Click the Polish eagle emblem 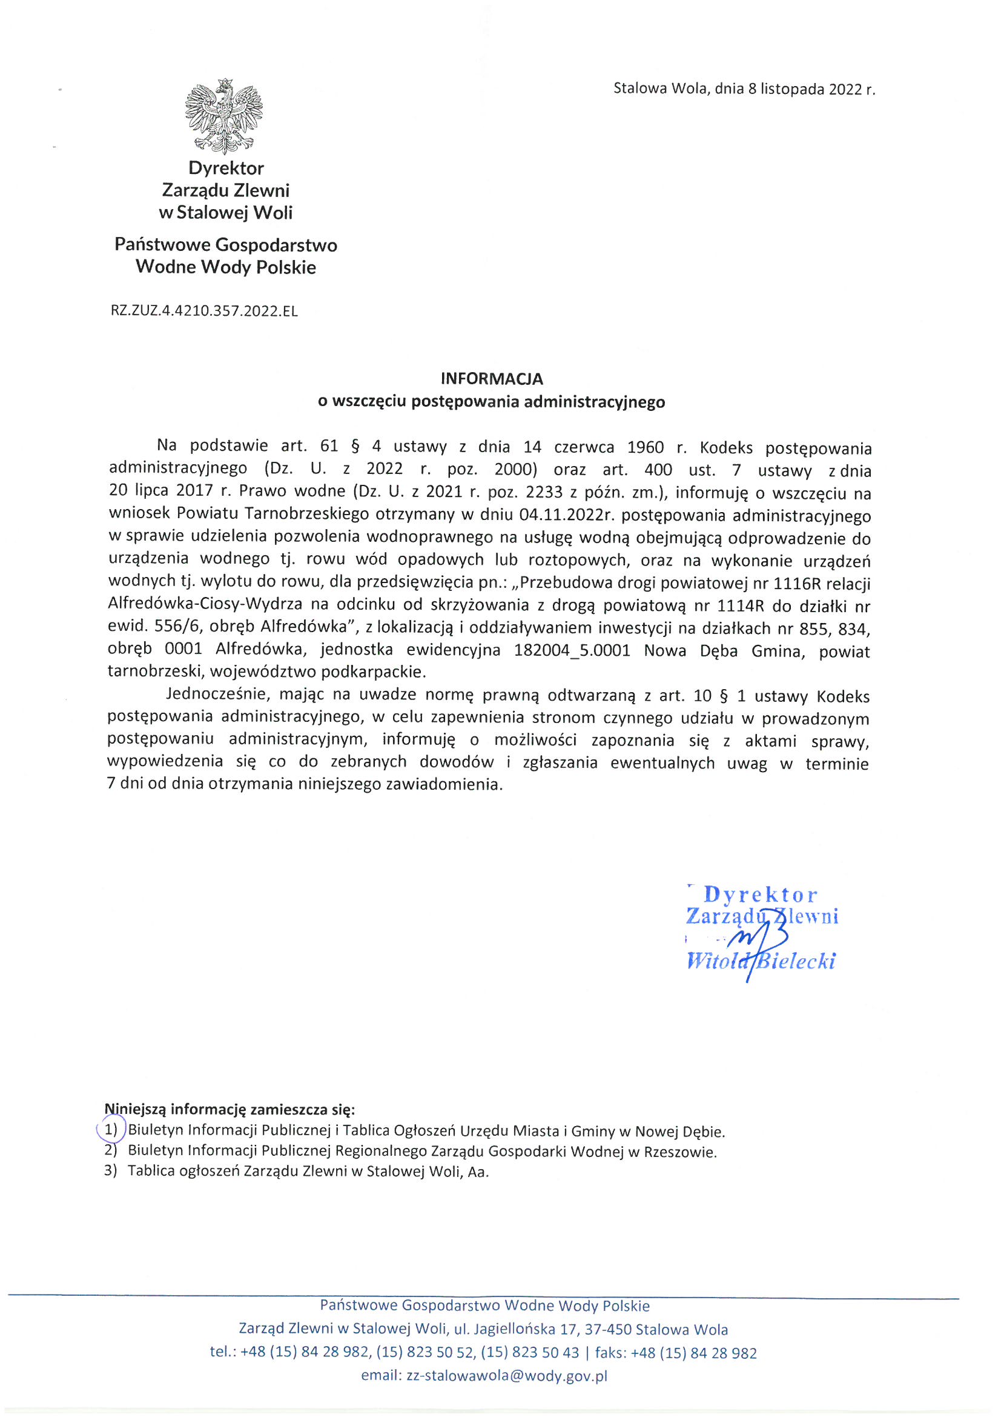[225, 116]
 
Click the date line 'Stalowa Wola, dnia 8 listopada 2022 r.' [744, 89]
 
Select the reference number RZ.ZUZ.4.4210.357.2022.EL [204, 311]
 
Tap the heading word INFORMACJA [492, 378]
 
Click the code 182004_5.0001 [572, 650]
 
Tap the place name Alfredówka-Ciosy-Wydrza [205, 605]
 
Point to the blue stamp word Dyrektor [761, 895]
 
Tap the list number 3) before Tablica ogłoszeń [110, 1171]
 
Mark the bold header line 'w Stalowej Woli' [225, 213]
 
